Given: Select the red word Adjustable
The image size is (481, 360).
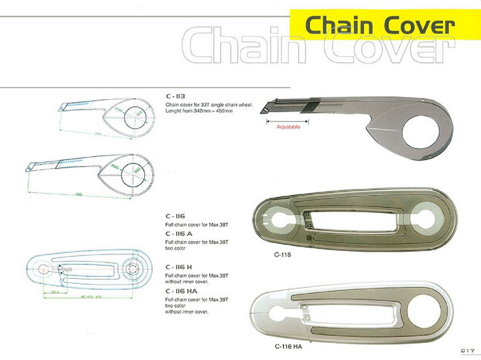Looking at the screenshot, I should coord(288,126).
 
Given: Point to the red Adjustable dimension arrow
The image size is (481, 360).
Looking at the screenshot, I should coord(288,122).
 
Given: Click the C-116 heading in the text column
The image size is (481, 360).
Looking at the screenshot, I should coord(175,216).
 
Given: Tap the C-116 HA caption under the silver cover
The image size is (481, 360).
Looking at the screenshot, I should coord(288,346).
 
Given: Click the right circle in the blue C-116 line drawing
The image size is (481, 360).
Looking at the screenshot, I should coord(132,273).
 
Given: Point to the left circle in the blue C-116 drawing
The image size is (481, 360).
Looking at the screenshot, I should coord(44,270).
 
